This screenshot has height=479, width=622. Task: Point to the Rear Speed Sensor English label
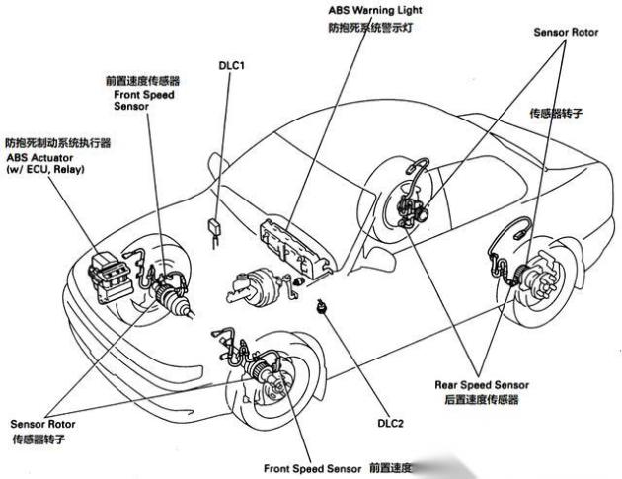coord(482,384)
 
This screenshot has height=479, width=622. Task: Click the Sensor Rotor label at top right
coord(566,31)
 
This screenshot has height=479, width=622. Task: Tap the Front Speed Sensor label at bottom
coord(313,467)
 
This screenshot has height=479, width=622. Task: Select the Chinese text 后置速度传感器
coord(481,401)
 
